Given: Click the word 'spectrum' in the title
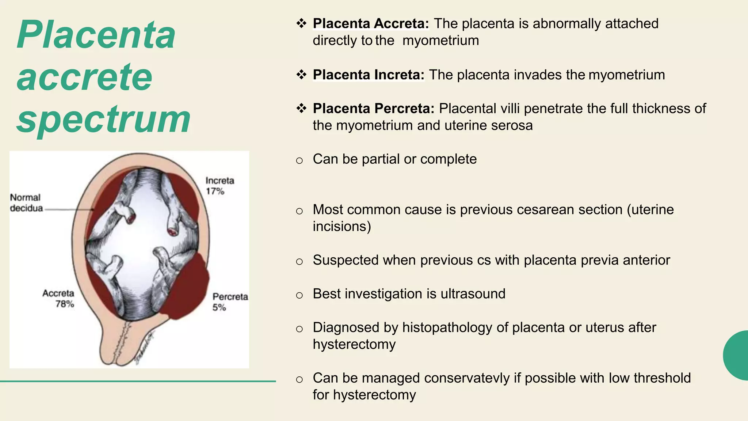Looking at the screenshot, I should [x=103, y=119].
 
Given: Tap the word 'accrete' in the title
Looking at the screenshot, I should [x=84, y=77].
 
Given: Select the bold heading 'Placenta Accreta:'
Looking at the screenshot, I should [x=371, y=24].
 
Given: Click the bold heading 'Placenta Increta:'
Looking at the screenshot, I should [x=369, y=75].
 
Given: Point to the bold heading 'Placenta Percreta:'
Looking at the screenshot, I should [x=374, y=109].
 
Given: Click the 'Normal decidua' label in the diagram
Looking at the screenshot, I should [x=26, y=203].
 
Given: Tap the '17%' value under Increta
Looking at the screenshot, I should [x=215, y=191].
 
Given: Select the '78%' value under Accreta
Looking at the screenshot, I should [x=65, y=304].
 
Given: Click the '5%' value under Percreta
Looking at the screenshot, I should [x=219, y=307].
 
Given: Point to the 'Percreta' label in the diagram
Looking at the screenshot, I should [x=230, y=296].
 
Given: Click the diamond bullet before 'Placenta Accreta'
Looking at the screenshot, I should [x=301, y=24].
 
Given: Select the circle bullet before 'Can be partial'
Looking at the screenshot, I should [x=299, y=160].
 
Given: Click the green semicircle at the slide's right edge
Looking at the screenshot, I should [x=737, y=355].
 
